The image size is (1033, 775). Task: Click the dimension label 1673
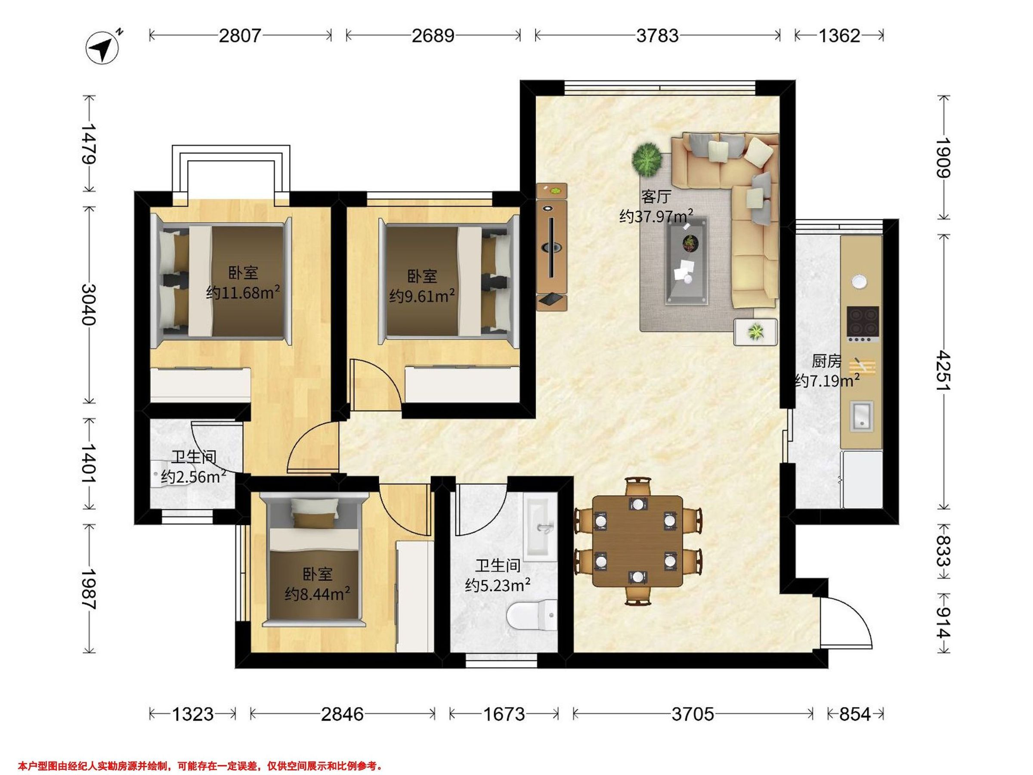pos(504,714)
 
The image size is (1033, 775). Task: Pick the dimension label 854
pos(855,714)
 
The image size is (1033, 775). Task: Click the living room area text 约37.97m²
pos(656,216)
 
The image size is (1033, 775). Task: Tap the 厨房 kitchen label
pos(826,361)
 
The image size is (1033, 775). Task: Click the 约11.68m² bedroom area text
pos(243,292)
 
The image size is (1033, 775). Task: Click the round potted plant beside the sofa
pos(647,159)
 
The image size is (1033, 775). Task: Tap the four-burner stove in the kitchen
pos(863,323)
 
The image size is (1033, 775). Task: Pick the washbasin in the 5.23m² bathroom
pos(541,529)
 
